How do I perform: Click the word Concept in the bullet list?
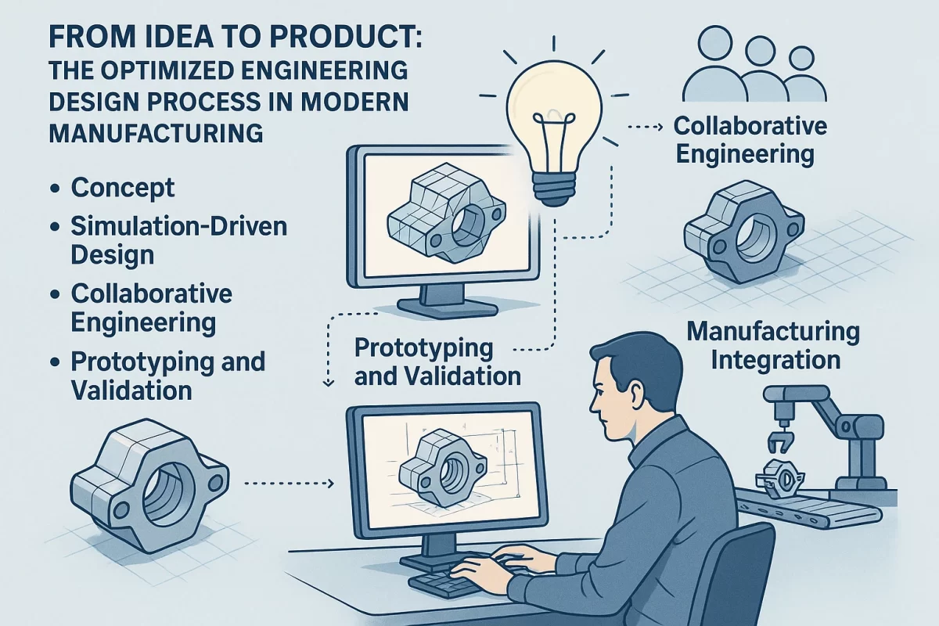point(122,188)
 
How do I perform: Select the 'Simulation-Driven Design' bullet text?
point(178,240)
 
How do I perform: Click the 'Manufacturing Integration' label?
point(773,345)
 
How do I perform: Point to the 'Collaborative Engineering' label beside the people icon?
point(750,139)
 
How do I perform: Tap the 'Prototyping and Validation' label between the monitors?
point(437,362)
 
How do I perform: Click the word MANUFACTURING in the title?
point(155,133)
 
